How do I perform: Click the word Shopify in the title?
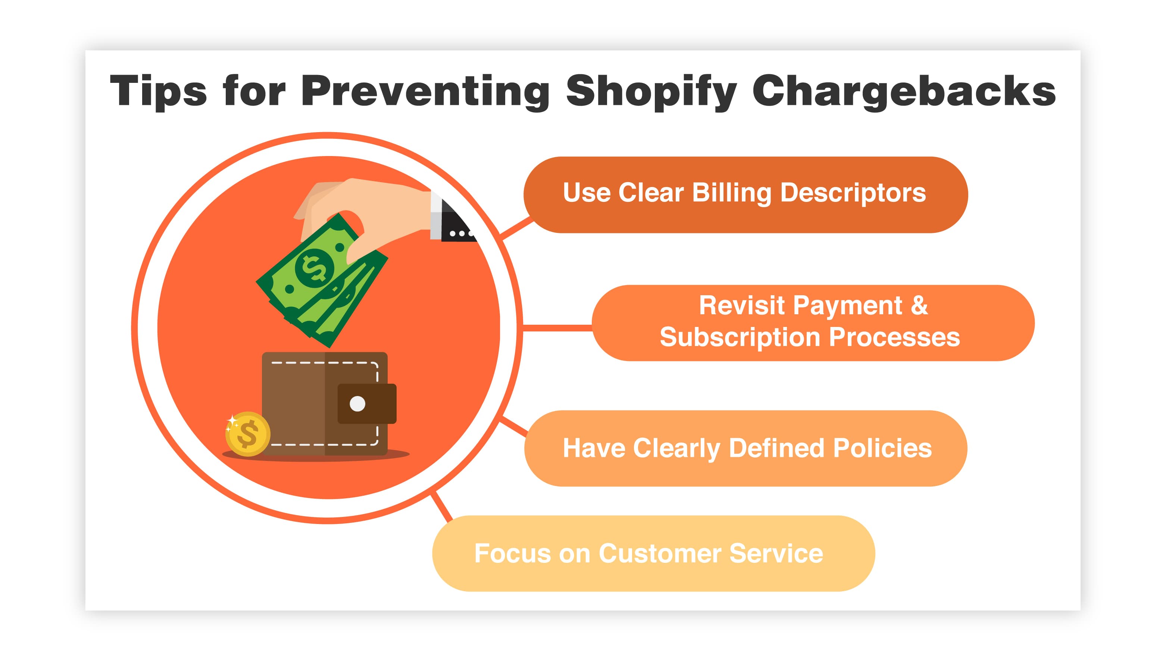(651, 92)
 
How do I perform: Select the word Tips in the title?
(158, 92)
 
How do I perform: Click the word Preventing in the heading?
(425, 92)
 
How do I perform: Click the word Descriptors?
(853, 193)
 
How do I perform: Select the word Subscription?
(740, 338)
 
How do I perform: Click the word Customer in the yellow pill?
(660, 554)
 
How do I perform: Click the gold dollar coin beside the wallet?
(248, 434)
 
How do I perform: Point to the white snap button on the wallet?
(357, 403)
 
